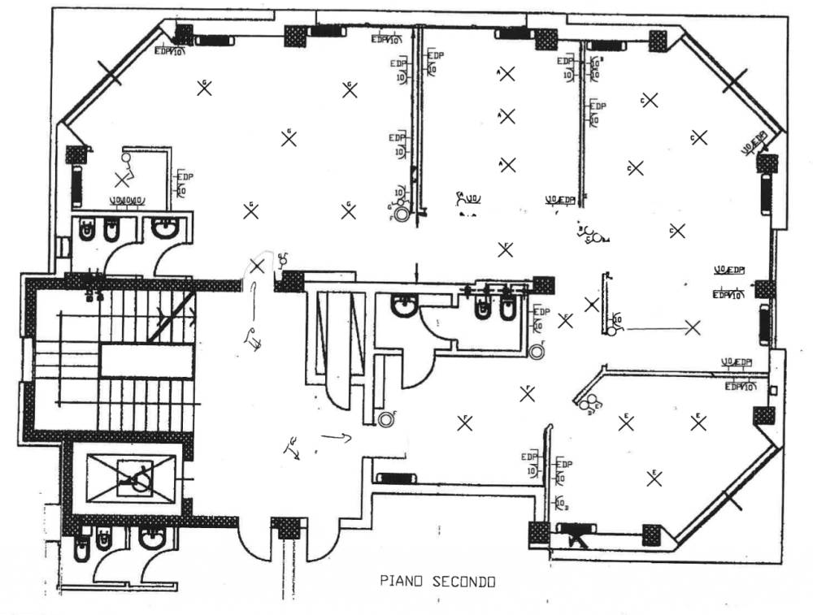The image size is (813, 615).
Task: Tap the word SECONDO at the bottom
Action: coord(463,582)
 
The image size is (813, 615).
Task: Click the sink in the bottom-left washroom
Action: coord(151,539)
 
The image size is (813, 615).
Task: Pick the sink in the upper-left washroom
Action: coord(166,231)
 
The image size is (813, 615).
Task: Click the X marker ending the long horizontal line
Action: coord(693,328)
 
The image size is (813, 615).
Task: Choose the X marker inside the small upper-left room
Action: coord(122,177)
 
